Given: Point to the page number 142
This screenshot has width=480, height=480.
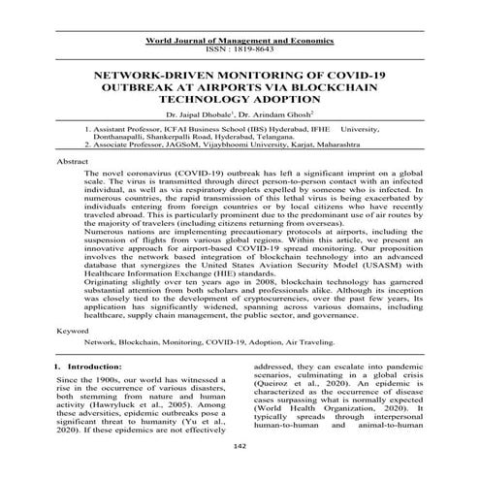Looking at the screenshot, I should click(241, 471).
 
